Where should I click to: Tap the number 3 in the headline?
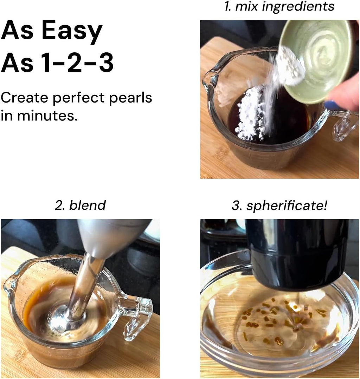pos(105,62)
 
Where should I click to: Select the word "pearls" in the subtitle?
pos(130,98)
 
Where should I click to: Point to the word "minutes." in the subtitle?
pos(47,116)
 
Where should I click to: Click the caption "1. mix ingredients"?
pos(279,7)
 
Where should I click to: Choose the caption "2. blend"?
pos(80,205)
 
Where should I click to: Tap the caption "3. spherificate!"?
pos(279,206)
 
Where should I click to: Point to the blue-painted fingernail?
pos(330,105)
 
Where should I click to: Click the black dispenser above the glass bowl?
pos(297,254)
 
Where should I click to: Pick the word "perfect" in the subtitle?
pos(79,98)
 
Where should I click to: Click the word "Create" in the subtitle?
pos(25,98)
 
